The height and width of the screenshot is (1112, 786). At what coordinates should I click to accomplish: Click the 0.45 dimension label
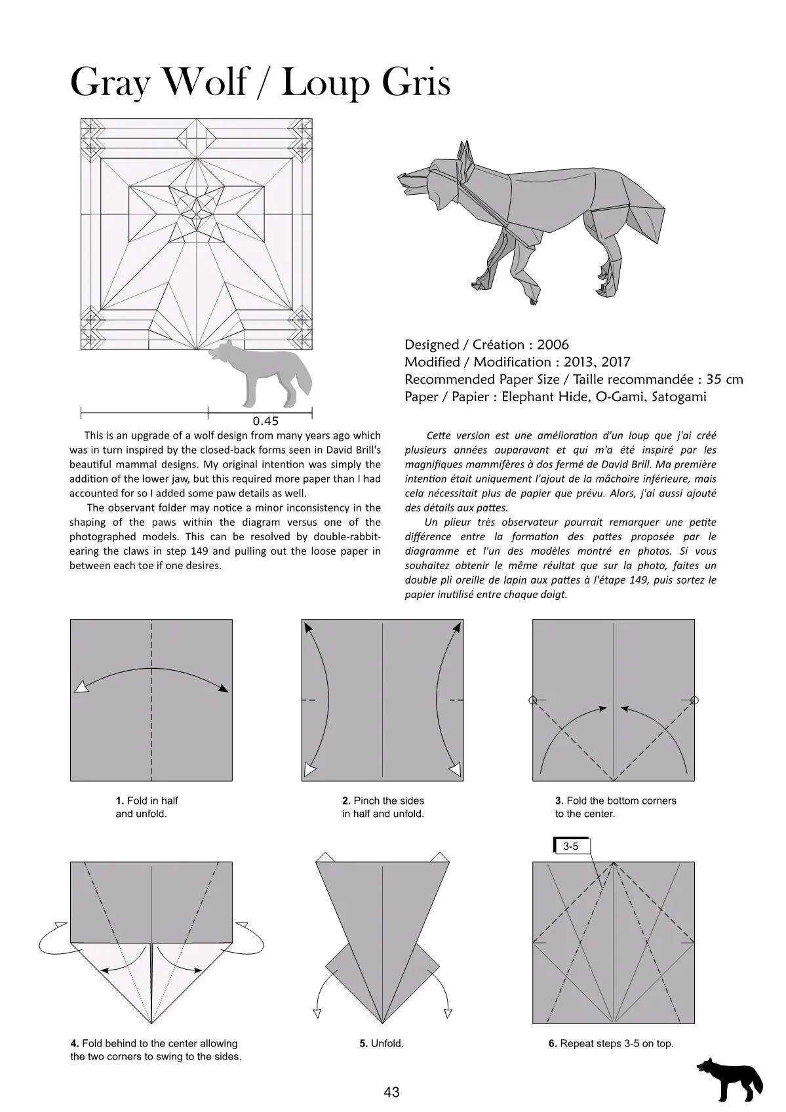(x=265, y=421)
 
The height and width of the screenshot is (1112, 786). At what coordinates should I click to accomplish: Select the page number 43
(x=392, y=1092)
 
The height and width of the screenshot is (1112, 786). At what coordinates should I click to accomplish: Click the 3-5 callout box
(x=572, y=846)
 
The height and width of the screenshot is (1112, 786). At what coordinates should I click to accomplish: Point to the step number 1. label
(x=120, y=801)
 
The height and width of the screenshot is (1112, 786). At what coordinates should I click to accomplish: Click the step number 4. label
(x=75, y=1043)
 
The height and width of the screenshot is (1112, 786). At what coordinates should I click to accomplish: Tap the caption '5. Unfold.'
(x=382, y=1043)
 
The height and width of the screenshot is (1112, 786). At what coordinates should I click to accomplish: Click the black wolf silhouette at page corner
(x=729, y=1079)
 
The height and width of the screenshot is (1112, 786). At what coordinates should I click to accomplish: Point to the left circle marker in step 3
(x=533, y=700)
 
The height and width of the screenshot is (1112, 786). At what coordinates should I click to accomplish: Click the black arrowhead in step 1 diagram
(x=224, y=688)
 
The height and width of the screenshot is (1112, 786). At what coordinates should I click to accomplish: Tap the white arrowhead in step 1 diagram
(x=81, y=687)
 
